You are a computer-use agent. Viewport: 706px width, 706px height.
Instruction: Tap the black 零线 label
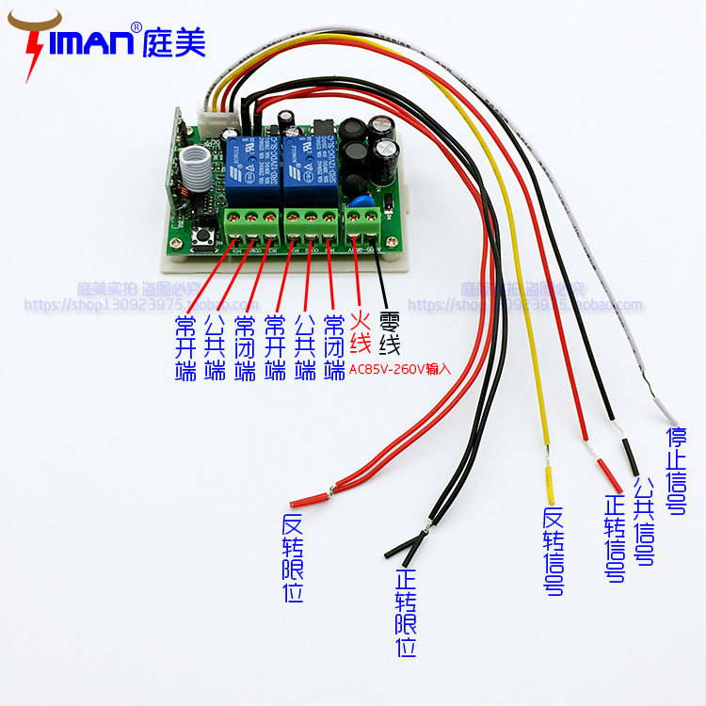point(389,332)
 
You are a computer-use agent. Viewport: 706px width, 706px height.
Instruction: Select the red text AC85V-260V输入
point(400,369)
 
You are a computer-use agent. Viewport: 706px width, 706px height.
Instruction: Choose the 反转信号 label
point(554,551)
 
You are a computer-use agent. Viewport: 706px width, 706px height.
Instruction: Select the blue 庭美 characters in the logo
point(174,40)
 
